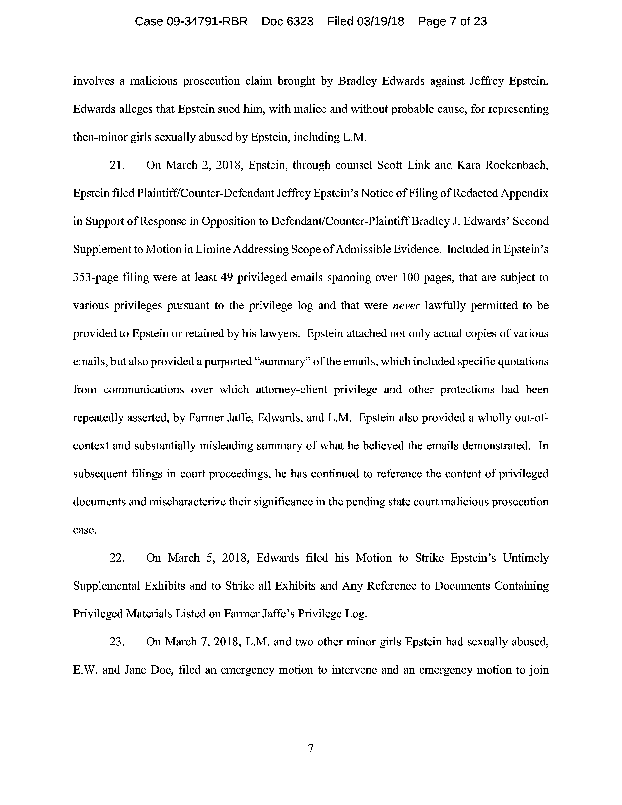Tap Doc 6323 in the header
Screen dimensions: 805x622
coord(287,21)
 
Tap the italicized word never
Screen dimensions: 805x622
coord(406,306)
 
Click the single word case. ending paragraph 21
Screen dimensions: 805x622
coord(85,530)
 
